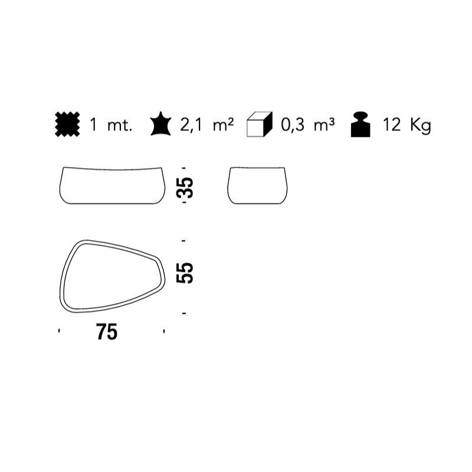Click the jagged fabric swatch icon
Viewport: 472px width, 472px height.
[x=67, y=124]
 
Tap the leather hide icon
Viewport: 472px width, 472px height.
[x=160, y=124]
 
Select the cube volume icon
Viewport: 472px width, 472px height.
[x=260, y=124]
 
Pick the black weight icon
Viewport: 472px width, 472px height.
[x=360, y=124]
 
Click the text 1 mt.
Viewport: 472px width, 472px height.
[x=111, y=124]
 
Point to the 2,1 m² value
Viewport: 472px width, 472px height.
[x=207, y=124]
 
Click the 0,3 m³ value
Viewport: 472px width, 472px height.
[x=307, y=124]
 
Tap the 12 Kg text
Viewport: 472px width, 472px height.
[x=407, y=125]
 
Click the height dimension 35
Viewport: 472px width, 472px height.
[x=185, y=188]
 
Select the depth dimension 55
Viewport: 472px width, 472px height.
[x=185, y=273]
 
